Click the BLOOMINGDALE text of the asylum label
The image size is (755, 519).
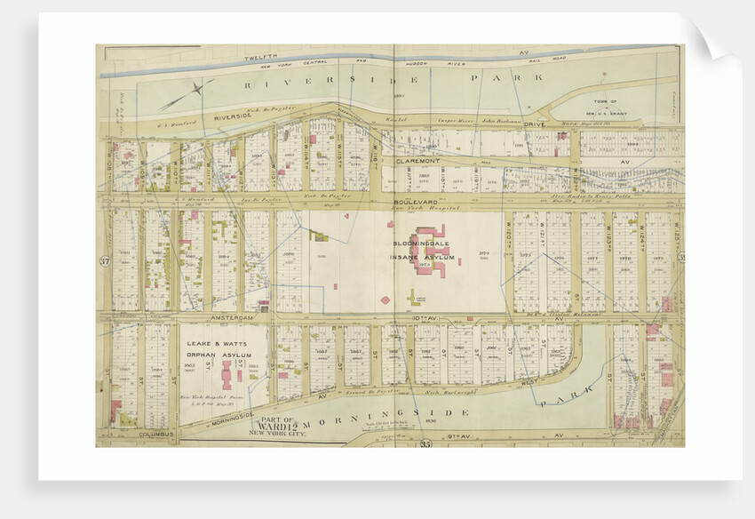tap(422, 245)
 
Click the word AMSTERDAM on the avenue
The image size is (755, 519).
tap(233, 316)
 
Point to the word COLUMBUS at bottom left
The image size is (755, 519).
tap(156, 435)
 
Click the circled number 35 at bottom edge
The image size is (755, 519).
tap(425, 443)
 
